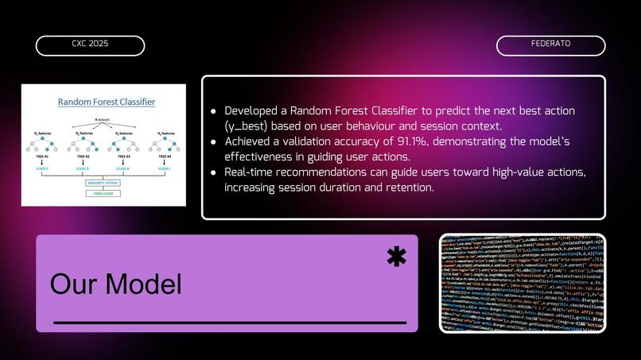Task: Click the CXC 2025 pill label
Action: point(90,45)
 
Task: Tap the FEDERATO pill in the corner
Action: point(550,45)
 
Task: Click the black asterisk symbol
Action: point(395,256)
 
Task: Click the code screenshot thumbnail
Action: point(523,283)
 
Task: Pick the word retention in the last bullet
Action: point(407,188)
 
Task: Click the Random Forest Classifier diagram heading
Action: point(107,102)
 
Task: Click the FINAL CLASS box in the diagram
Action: point(103,193)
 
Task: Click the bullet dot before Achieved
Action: point(213,141)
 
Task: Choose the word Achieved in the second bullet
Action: point(250,141)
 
